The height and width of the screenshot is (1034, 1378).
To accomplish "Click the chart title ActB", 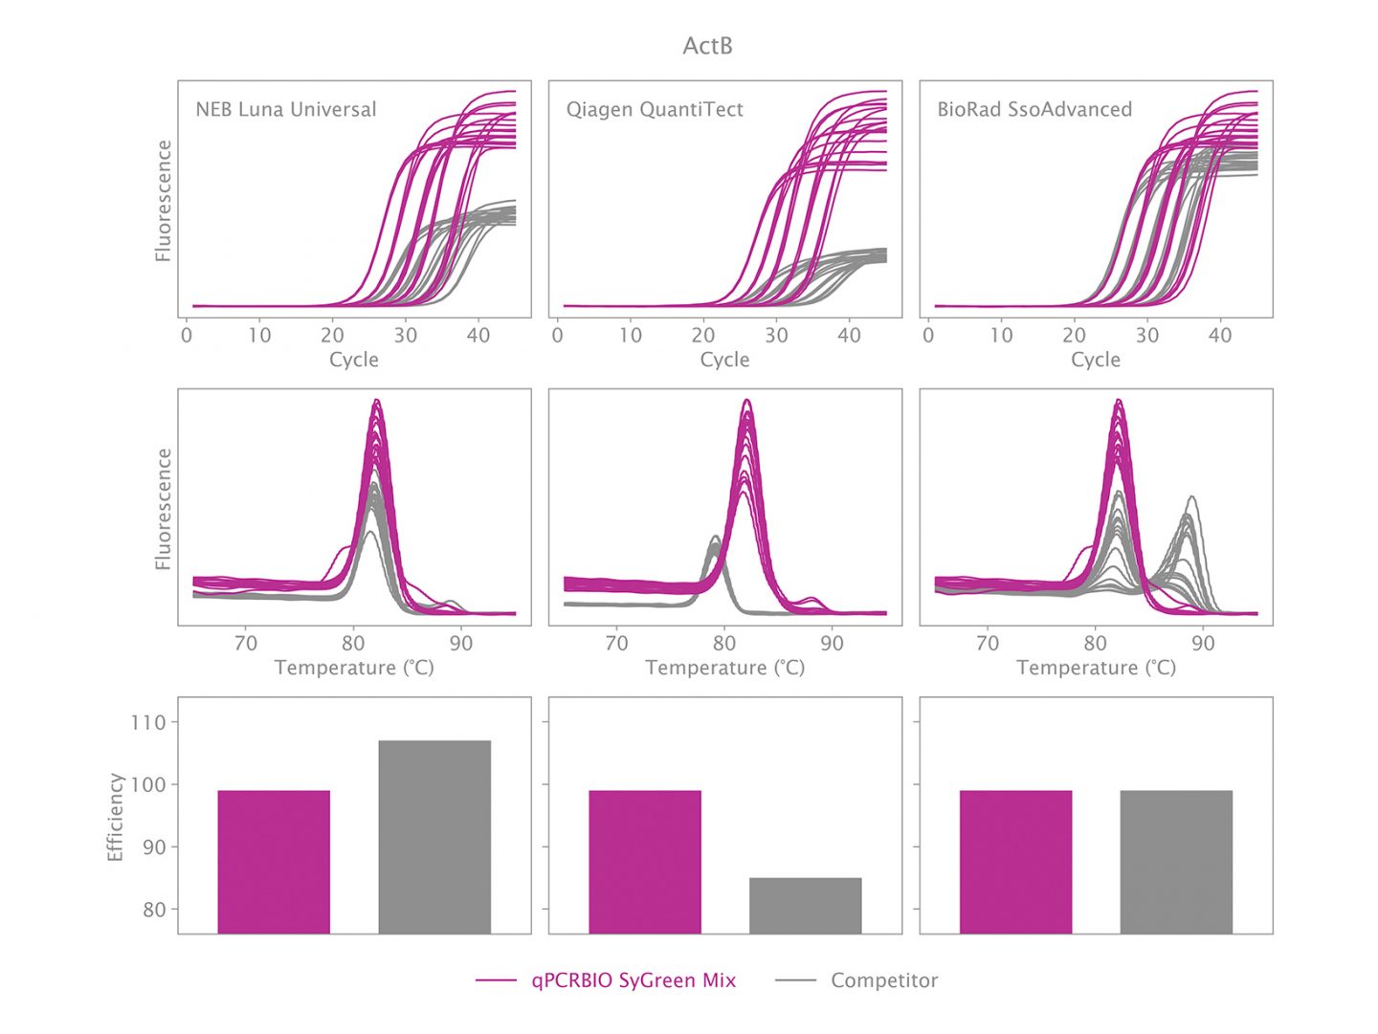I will pyautogui.click(x=707, y=46).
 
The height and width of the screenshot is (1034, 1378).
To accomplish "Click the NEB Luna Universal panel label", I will pyautogui.click(x=285, y=109).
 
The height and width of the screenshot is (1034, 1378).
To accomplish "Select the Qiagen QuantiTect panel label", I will pyautogui.click(x=655, y=109).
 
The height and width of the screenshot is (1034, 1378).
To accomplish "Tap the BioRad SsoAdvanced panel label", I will pyautogui.click(x=1033, y=109).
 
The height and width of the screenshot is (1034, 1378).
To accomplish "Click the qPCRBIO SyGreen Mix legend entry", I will pyautogui.click(x=633, y=980).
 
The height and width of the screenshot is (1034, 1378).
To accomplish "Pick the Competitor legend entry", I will pyautogui.click(x=883, y=980).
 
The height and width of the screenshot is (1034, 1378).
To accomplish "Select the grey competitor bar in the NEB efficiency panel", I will pyautogui.click(x=434, y=837).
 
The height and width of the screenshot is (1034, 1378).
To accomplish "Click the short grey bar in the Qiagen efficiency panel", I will pyautogui.click(x=805, y=905).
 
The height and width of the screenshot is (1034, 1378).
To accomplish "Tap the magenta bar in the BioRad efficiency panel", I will pyautogui.click(x=1015, y=861).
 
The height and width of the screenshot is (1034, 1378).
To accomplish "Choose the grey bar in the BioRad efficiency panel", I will pyautogui.click(x=1176, y=861).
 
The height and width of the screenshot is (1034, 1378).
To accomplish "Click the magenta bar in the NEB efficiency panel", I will pyautogui.click(x=274, y=861).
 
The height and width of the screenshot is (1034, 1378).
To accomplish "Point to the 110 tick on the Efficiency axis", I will pyautogui.click(x=148, y=722).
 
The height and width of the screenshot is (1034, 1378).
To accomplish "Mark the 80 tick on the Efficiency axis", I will pyautogui.click(x=153, y=910).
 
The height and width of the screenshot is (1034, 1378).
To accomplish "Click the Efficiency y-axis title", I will pyautogui.click(x=116, y=817).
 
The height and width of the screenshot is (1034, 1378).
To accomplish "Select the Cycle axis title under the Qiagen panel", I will pyautogui.click(x=724, y=360).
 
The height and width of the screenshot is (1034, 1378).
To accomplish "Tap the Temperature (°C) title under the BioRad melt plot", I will pyautogui.click(x=1096, y=668).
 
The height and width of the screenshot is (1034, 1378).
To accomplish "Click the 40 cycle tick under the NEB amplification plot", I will pyautogui.click(x=478, y=336).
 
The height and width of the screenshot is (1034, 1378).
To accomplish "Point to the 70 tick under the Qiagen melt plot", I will pyautogui.click(x=616, y=644).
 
